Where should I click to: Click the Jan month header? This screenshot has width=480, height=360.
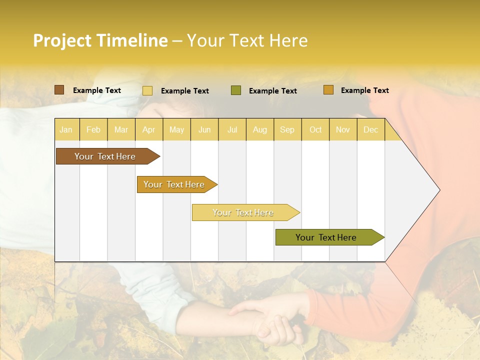pyautogui.click(x=66, y=129)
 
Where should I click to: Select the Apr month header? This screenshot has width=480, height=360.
pyautogui.click(x=148, y=129)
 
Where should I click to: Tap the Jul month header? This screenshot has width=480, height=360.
pyautogui.click(x=232, y=129)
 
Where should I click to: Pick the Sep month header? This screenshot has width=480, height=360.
pyautogui.click(x=287, y=129)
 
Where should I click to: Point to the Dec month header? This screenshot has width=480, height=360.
pyautogui.click(x=370, y=129)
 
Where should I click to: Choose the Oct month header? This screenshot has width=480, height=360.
pyautogui.click(x=315, y=129)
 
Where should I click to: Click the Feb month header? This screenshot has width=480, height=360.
pyautogui.click(x=93, y=129)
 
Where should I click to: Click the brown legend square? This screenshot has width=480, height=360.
pyautogui.click(x=59, y=90)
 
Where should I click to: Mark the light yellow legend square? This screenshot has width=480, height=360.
pyautogui.click(x=147, y=90)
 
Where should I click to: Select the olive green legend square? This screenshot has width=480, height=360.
pyautogui.click(x=236, y=90)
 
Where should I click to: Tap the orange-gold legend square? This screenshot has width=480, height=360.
pyautogui.click(x=328, y=90)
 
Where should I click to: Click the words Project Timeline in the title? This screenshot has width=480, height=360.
pyautogui.click(x=100, y=40)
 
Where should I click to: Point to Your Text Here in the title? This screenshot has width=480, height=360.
pyautogui.click(x=247, y=40)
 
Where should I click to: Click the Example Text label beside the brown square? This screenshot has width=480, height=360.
pyautogui.click(x=97, y=90)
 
